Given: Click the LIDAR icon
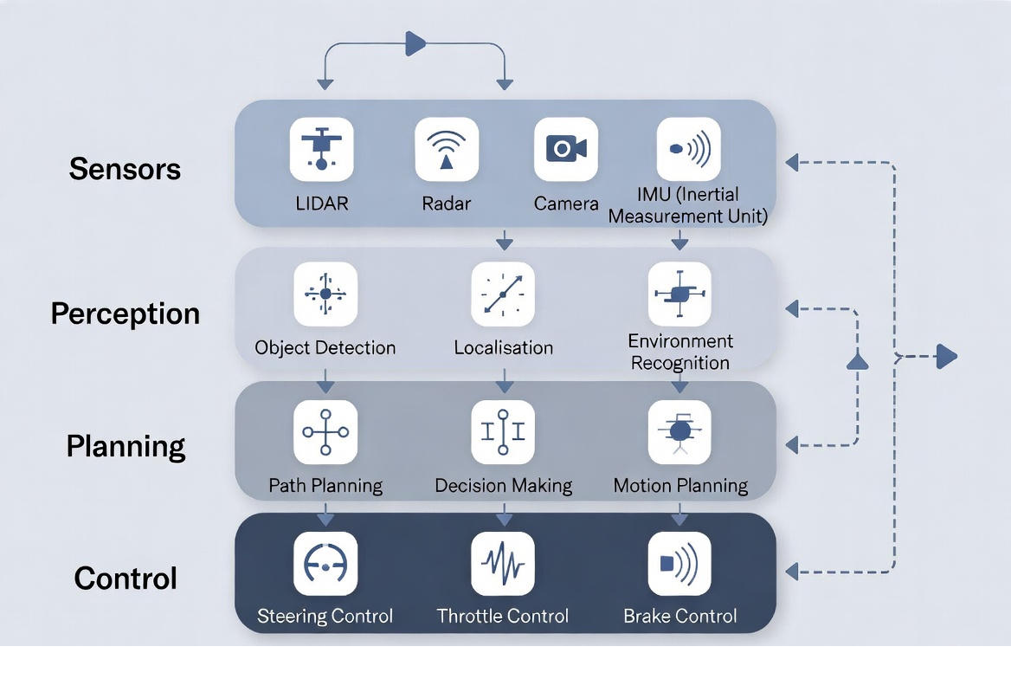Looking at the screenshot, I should tap(321, 150).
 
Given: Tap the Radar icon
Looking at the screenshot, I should tap(447, 150).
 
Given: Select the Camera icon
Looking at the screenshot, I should tap(566, 150).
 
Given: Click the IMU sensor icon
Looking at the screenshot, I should tap(688, 150).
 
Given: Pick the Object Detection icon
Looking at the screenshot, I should tap(325, 294).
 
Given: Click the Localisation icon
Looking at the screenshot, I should tap(503, 294).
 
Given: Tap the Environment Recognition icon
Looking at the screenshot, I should tap(679, 294).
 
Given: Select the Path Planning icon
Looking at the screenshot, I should tap(325, 431).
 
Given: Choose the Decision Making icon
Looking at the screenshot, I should tap(503, 431).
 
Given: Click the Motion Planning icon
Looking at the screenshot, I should tap(679, 431).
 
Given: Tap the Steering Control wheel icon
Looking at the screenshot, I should tap(325, 564).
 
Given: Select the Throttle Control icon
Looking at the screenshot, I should tap(503, 564).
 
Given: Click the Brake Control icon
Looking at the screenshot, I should tap(679, 564).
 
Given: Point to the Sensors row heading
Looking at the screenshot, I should tap(125, 168).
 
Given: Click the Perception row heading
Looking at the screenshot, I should tap(125, 313).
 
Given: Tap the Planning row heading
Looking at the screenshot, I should tap(126, 446).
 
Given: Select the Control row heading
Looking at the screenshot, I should tap(126, 578).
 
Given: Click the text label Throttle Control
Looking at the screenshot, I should tap(503, 616).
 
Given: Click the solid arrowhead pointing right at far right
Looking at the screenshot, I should tap(947, 356).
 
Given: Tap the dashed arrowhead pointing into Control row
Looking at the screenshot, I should tap(791, 572).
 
